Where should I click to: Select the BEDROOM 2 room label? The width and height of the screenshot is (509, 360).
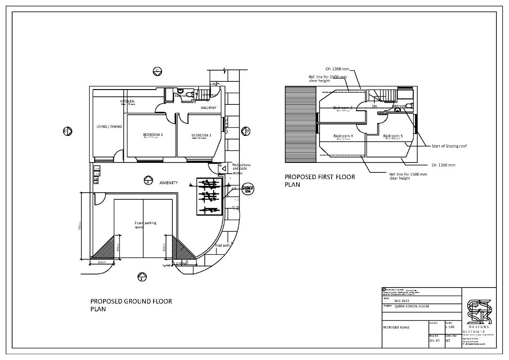tap(153, 135)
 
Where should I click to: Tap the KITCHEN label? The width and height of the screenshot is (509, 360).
tap(127, 102)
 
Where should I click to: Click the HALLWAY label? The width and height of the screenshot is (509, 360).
tap(208, 108)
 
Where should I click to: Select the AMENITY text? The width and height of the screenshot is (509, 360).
tap(168, 183)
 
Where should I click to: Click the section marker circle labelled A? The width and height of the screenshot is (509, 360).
tap(147, 182)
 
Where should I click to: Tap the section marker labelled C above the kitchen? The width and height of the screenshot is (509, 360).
tap(158, 71)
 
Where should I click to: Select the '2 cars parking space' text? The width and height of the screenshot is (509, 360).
tap(145, 225)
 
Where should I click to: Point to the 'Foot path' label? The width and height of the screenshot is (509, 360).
tap(222, 245)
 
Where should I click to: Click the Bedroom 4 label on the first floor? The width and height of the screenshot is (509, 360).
tap(343, 136)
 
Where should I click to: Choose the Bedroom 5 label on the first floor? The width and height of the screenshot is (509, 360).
tap(392, 136)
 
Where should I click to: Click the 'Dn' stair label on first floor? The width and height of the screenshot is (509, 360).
tap(374, 106)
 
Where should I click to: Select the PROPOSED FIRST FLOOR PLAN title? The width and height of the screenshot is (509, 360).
tap(320, 180)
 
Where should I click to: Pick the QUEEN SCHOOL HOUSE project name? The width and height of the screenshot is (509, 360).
tap(412, 306)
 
